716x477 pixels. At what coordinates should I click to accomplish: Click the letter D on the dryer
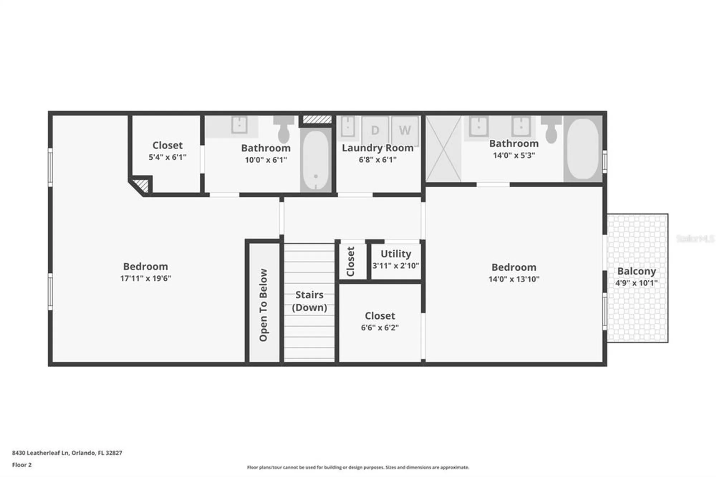pos(375,130)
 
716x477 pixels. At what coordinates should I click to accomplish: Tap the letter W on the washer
pos(405,130)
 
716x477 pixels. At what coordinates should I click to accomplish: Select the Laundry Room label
pos(377,148)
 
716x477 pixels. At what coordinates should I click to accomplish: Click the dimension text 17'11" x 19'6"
pos(145,278)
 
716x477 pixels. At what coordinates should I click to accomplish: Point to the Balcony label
pos(636,271)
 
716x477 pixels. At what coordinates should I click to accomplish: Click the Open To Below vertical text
pos(263,305)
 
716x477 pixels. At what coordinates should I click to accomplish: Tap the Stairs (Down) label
pos(309,301)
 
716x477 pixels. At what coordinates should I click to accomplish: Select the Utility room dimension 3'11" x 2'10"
pos(395,266)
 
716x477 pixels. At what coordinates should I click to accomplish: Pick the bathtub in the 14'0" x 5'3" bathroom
pos(582,149)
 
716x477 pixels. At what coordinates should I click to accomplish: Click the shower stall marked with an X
pos(443,149)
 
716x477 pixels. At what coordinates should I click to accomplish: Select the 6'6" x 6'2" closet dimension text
pos(379,327)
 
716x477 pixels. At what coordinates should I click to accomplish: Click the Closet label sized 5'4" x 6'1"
pos(167,145)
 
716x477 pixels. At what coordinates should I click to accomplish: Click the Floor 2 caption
pos(22,465)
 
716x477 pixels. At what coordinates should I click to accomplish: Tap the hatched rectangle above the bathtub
pos(317,120)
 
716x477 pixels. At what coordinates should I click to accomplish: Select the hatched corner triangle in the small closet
pos(142,185)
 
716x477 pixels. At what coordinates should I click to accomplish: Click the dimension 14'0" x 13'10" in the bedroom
pos(513,279)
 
